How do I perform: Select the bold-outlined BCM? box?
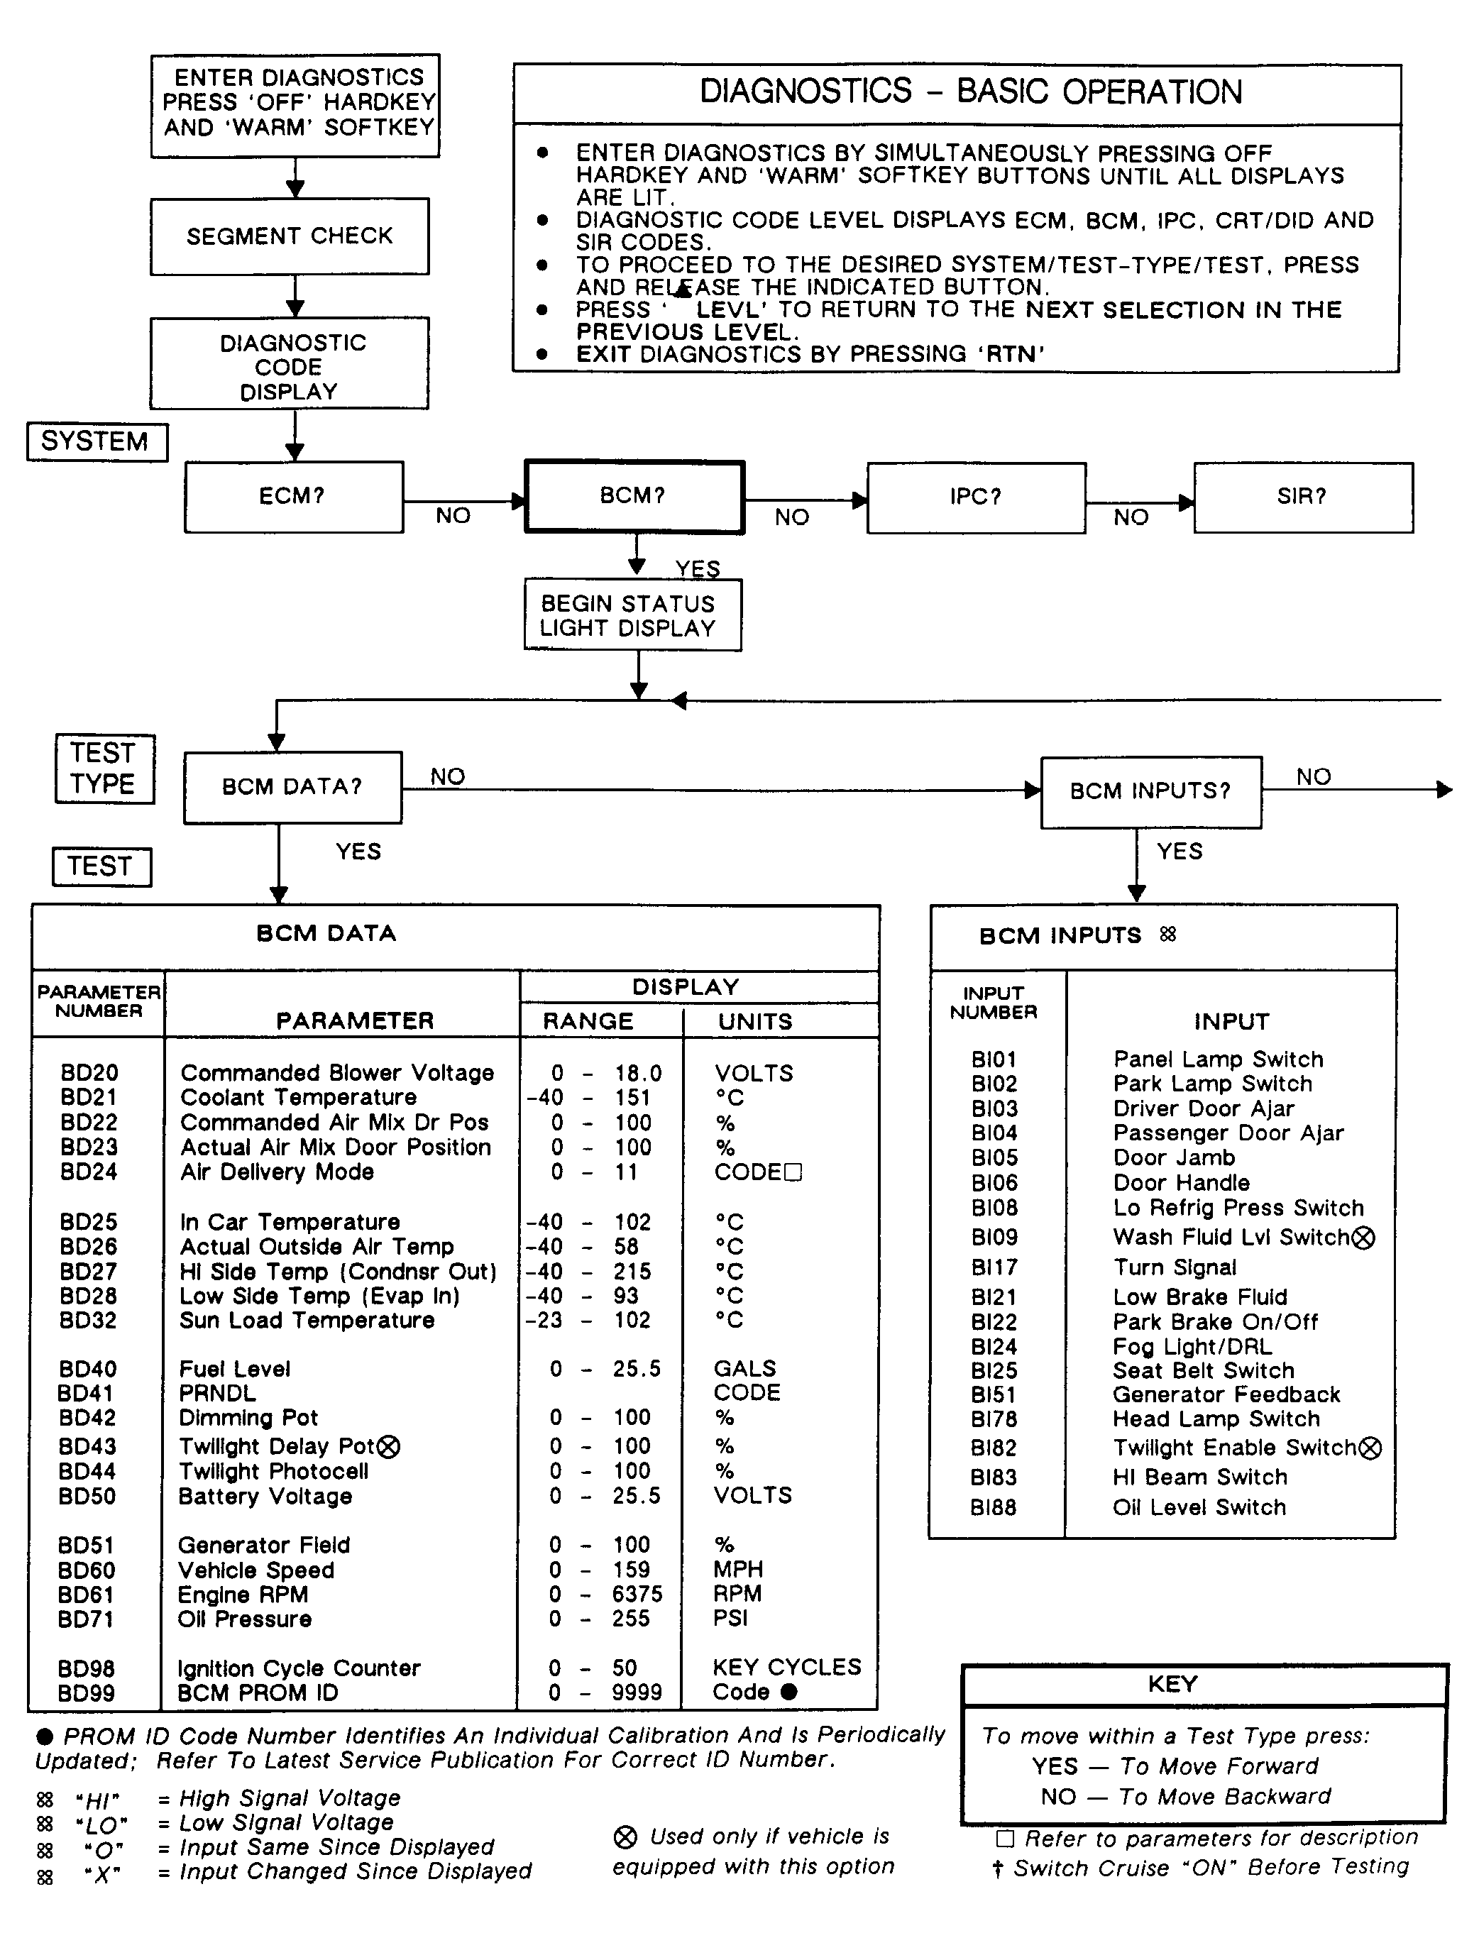coord(634,496)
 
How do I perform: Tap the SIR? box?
coord(1302,497)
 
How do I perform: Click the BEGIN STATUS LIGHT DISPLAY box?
coord(632,615)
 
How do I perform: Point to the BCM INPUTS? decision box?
coord(1150,791)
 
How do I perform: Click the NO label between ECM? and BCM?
coord(453,516)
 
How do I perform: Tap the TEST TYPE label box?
coord(104,769)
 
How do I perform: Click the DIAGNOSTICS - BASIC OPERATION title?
coord(970,92)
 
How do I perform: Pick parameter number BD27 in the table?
coord(88,1271)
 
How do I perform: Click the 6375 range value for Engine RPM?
coord(637,1594)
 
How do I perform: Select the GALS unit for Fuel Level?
coord(744,1369)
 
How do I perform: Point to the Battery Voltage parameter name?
coord(265,1496)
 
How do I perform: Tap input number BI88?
coord(993,1508)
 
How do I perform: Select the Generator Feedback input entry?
coord(1226,1394)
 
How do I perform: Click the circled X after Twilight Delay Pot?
coord(389,1447)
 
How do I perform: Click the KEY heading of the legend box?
coord(1172,1684)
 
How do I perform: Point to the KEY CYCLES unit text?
coord(787,1667)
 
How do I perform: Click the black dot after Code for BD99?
coord(788,1692)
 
